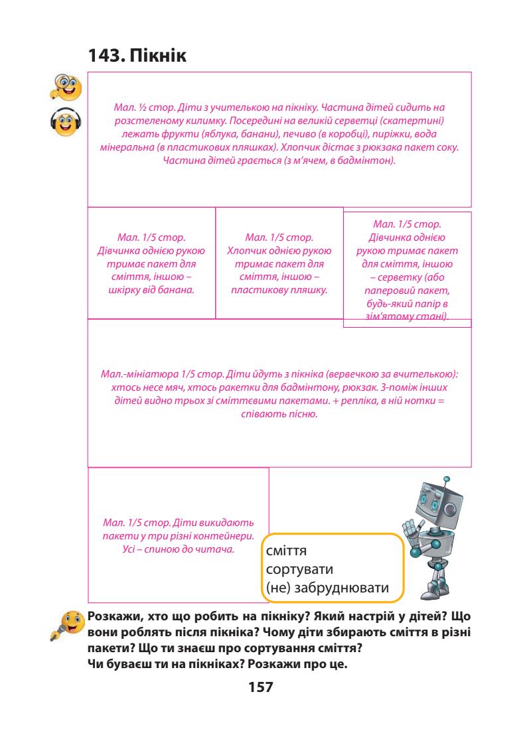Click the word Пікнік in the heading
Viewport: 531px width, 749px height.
(159, 57)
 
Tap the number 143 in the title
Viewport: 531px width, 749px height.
(104, 57)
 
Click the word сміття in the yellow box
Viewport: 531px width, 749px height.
(286, 552)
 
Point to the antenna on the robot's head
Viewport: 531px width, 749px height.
(446, 479)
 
